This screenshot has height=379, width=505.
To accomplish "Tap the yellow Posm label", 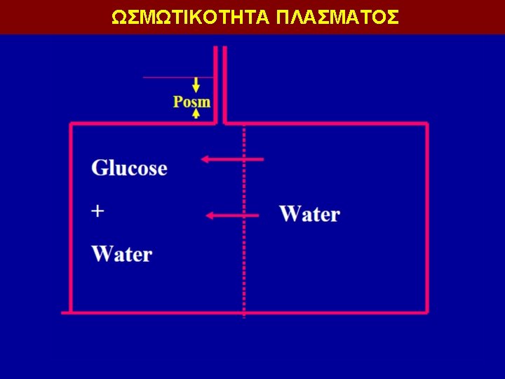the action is point(191,102).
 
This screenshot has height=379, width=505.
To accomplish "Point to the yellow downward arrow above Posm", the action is point(196,85).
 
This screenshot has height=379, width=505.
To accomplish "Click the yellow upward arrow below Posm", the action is point(196,113).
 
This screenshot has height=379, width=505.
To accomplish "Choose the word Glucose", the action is point(129,168).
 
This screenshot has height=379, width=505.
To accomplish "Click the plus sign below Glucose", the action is point(98,210).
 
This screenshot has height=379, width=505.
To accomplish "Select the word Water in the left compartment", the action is point(121,253).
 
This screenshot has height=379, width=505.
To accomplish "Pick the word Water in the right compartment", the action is point(309,214).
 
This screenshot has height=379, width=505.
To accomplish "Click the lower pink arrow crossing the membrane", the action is point(234,215).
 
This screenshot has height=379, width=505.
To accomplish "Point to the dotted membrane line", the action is point(243,281).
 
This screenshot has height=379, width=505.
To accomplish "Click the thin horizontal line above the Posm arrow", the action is point(168,77).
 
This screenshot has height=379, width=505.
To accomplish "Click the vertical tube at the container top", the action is point(220,84).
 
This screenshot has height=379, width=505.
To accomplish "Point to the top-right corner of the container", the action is point(426,124).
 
